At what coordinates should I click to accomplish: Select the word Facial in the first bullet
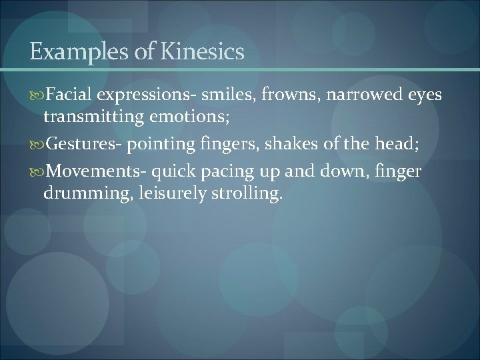[x=69, y=95]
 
